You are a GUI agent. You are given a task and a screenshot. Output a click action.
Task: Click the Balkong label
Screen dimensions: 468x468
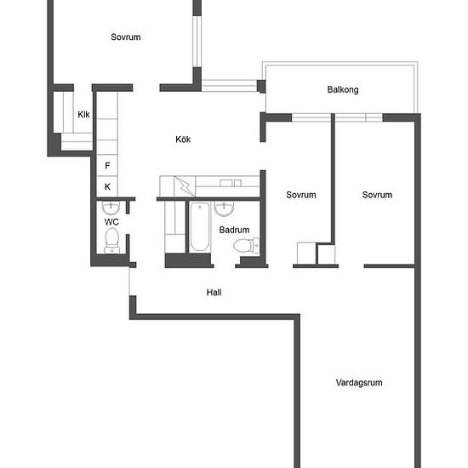point(343,89)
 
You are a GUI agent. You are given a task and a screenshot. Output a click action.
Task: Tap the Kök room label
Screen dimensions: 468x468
point(183,139)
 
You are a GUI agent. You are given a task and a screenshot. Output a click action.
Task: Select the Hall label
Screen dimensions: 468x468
point(214,292)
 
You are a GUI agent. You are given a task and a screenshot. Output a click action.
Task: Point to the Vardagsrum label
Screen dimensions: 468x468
point(359,383)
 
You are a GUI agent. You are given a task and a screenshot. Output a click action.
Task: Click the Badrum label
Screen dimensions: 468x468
point(234,230)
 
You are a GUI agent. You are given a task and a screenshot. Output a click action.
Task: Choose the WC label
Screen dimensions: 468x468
point(111,222)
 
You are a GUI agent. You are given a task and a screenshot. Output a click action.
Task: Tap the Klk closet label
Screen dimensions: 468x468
point(83,114)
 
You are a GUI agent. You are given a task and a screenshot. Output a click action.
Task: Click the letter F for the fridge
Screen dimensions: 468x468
point(107,166)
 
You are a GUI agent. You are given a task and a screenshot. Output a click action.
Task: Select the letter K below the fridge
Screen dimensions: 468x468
point(107,187)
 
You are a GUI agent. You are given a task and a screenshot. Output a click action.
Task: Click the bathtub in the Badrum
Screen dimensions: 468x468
point(200,227)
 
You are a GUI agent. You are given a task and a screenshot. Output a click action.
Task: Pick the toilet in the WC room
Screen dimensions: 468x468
point(112,241)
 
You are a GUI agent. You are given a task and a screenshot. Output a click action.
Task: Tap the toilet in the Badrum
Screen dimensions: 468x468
point(246,245)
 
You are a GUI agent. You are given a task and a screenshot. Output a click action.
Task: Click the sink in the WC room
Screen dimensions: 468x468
point(111,208)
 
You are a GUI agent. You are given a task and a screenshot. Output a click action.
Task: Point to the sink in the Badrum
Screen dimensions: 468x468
point(224,208)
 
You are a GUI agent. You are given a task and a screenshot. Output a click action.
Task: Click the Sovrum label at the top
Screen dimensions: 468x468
point(126,37)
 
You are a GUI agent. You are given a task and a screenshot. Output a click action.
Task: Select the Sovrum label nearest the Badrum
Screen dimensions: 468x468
point(301,195)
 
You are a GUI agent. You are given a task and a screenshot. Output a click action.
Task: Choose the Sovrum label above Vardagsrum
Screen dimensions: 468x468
point(377,195)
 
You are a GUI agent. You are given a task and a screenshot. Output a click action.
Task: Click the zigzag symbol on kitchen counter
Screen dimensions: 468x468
point(184,186)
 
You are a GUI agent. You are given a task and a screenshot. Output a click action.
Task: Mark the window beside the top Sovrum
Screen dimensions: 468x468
point(197,41)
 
